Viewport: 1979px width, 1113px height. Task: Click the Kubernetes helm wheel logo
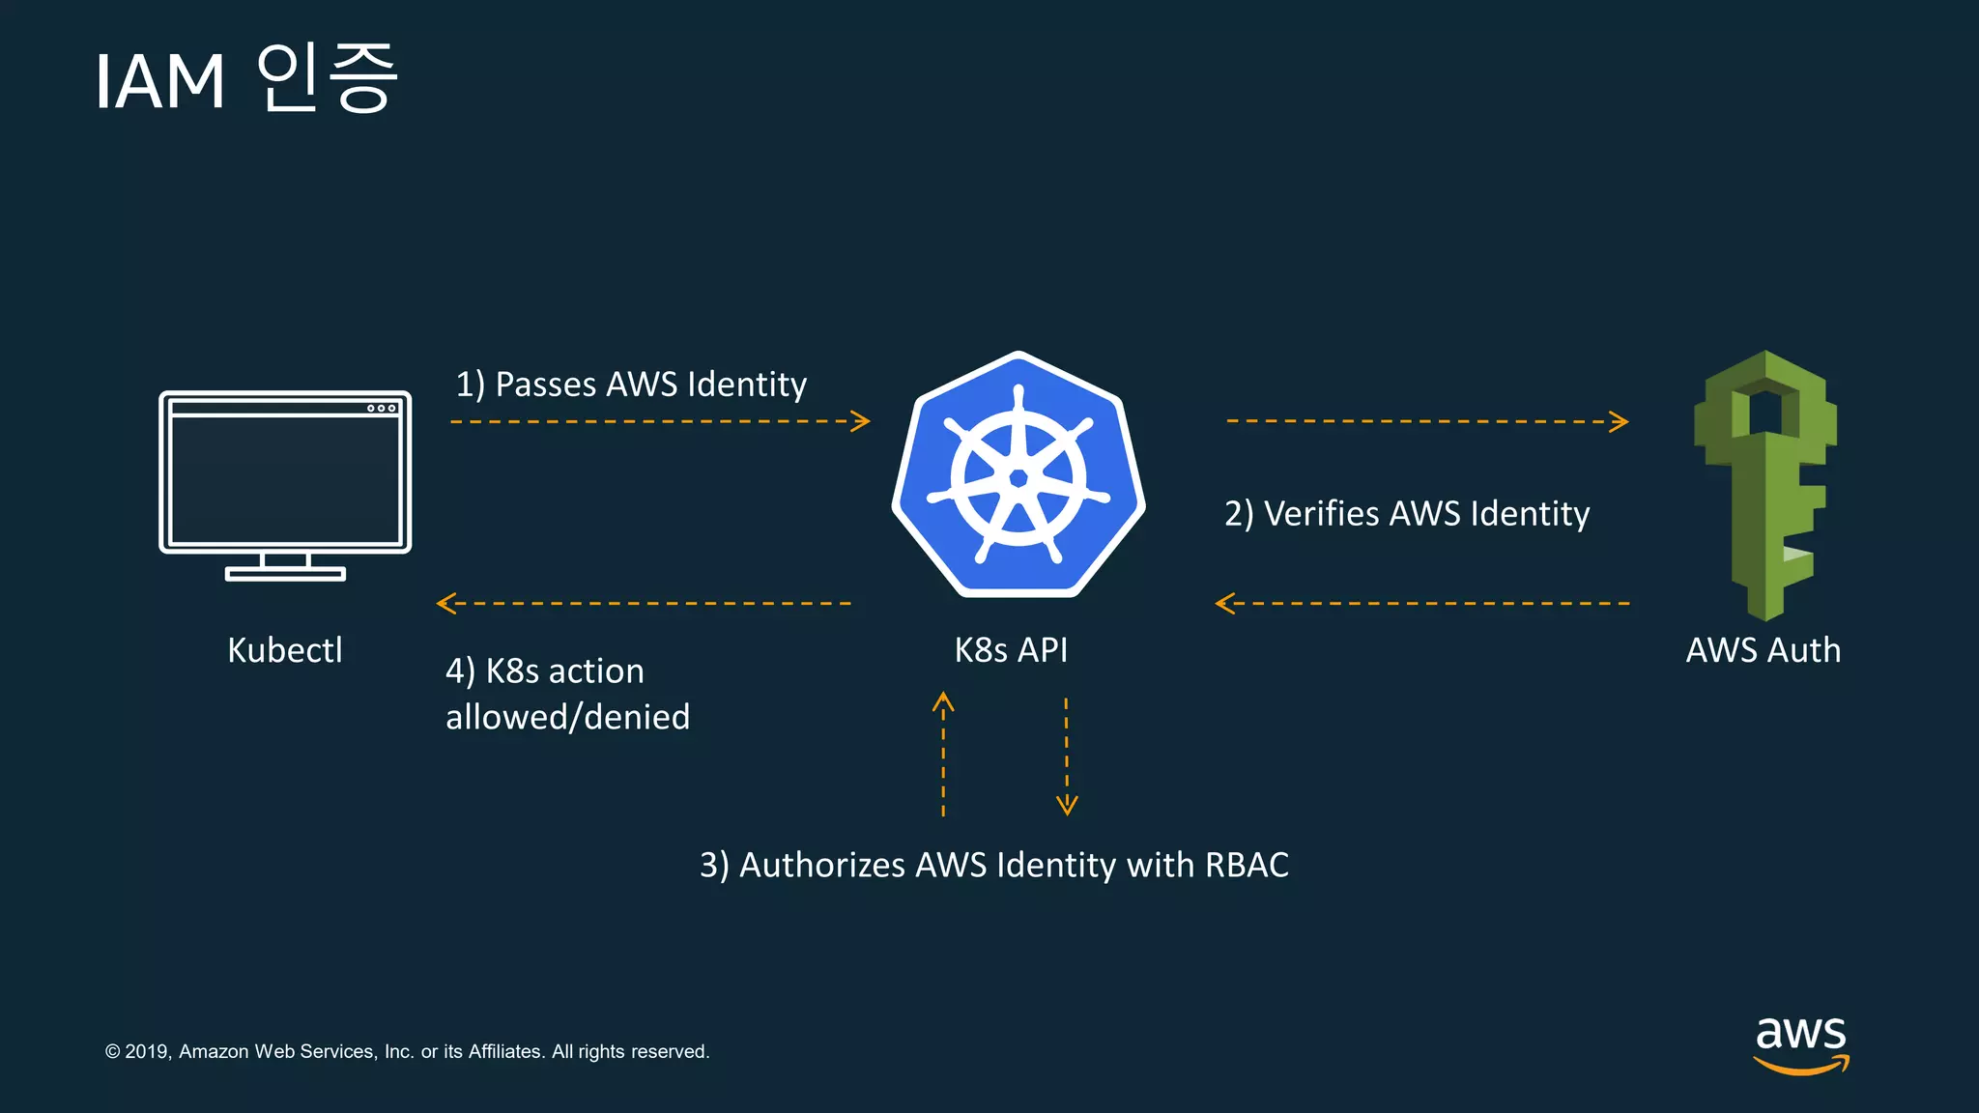pyautogui.click(x=1018, y=476)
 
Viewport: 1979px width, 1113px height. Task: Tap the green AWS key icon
pyautogui.click(x=1765, y=483)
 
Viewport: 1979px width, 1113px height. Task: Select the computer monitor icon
pyautogui.click(x=285, y=483)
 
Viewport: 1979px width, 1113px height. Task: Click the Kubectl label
pyautogui.click(x=285, y=650)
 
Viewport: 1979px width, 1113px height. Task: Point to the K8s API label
pyautogui.click(x=1011, y=650)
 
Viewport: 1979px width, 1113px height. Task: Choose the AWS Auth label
pyautogui.click(x=1763, y=650)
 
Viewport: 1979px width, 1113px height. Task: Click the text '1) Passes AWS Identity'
pyautogui.click(x=631, y=385)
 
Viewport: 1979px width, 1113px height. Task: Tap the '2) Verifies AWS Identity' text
pyautogui.click(x=1407, y=514)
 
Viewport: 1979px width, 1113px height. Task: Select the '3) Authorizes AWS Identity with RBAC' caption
pyautogui.click(x=994, y=865)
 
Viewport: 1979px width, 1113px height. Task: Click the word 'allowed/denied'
pyautogui.click(x=567, y=717)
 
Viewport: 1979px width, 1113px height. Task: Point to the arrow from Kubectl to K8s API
pyautogui.click(x=660, y=421)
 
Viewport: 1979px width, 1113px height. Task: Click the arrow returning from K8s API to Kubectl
pyautogui.click(x=644, y=604)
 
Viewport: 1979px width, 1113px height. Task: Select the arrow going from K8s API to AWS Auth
pyautogui.click(x=1427, y=421)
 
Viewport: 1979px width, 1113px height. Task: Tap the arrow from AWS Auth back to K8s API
pyautogui.click(x=1422, y=604)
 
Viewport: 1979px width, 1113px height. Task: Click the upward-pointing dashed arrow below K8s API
pyautogui.click(x=943, y=755)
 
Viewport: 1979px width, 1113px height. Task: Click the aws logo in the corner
pyautogui.click(x=1801, y=1043)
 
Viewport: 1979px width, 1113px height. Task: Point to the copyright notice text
pyautogui.click(x=407, y=1051)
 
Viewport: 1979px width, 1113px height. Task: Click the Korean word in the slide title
pyautogui.click(x=327, y=78)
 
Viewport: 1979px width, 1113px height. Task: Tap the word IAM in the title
pyautogui.click(x=160, y=82)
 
